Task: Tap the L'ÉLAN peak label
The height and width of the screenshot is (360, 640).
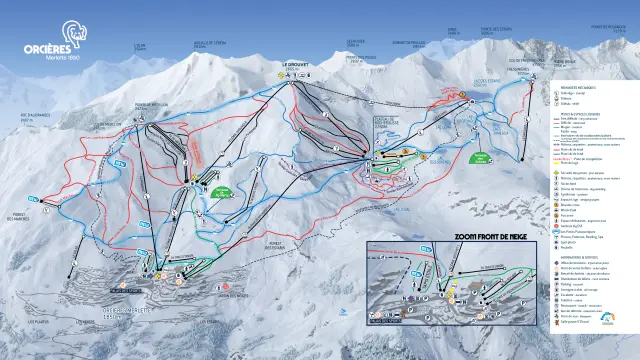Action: [x=140, y=44]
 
